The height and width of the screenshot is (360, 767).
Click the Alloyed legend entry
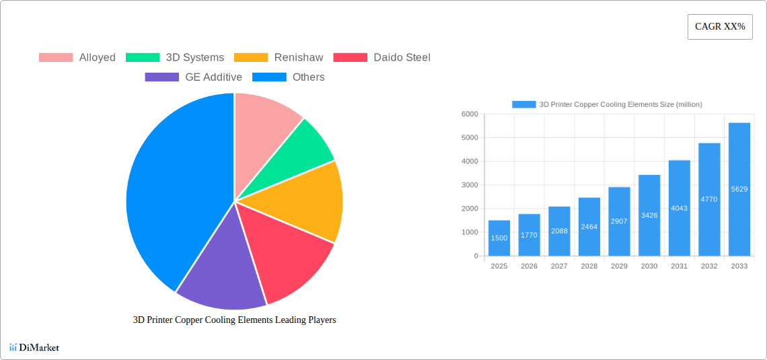point(77,58)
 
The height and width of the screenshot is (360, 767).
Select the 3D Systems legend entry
point(176,58)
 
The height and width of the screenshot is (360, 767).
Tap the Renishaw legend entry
point(279,58)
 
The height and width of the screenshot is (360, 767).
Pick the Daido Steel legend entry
point(382,58)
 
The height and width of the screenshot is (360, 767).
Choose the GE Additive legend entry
point(194,77)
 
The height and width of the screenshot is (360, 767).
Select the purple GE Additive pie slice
point(219,276)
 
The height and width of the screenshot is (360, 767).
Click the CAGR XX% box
point(720,27)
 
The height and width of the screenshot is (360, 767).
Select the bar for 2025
point(499,238)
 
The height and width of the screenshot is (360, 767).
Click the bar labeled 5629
point(739,189)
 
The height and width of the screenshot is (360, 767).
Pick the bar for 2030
point(649,215)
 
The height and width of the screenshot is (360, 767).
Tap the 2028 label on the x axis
point(589,266)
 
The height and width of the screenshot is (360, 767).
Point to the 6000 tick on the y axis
point(469,114)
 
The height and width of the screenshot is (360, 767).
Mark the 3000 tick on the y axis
point(469,185)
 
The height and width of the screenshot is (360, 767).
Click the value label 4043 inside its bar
point(679,209)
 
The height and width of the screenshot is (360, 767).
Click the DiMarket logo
point(34,348)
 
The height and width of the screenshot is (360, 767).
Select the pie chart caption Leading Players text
point(234,320)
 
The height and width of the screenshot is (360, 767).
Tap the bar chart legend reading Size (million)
point(607,104)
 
